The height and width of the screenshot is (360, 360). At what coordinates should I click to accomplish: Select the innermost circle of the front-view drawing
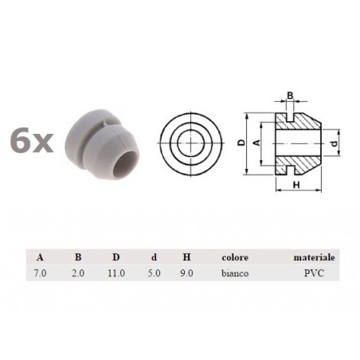click(190, 143)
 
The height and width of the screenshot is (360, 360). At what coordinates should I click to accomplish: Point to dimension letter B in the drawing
click(290, 96)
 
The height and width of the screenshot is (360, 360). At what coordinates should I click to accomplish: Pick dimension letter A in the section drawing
click(256, 143)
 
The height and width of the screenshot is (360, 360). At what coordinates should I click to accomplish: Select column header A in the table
click(41, 258)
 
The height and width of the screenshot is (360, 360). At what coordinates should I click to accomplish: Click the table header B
click(77, 258)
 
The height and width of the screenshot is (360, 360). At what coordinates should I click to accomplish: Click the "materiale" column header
click(314, 258)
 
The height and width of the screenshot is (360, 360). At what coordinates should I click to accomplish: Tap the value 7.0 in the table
click(41, 273)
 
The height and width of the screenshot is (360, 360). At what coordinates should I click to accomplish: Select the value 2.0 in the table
click(77, 273)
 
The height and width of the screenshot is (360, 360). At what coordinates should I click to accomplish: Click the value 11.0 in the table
click(117, 273)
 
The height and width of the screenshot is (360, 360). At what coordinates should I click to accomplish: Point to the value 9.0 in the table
click(186, 273)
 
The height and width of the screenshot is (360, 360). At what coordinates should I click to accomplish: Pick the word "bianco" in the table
click(237, 273)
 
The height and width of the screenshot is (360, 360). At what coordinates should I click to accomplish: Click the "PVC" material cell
click(315, 273)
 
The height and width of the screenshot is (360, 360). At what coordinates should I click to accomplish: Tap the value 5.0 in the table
click(154, 273)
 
